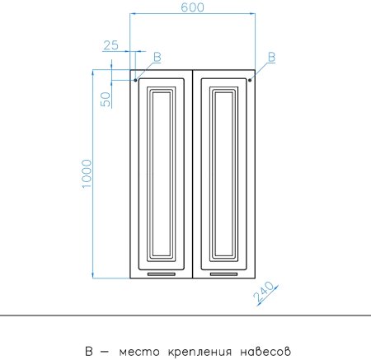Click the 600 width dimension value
coord(192,7)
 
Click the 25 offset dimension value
coord(111,45)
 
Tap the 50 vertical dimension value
coord(106,99)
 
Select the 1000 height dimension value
coord(87,174)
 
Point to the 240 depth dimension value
coord(264,292)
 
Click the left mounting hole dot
coord(135,80)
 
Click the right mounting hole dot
coord(250,80)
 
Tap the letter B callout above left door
coord(157,57)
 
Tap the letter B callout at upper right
coord(271,57)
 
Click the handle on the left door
coord(162,274)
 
